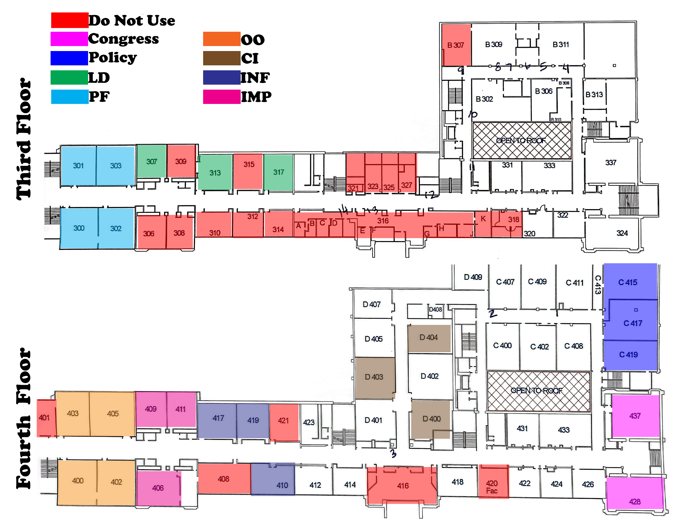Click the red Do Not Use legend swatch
69,20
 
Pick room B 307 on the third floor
456,45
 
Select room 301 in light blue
78,166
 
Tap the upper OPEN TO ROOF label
521,140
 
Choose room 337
610,163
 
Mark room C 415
628,282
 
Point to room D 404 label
428,338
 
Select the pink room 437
635,416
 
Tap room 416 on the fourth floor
403,486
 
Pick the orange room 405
113,414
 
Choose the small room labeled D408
435,310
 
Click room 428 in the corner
635,501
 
